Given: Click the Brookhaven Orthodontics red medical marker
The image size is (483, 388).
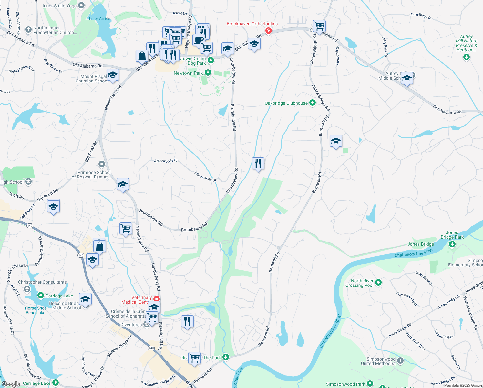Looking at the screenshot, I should coord(268,31).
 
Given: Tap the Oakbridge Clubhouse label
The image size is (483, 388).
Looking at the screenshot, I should coord(286,103).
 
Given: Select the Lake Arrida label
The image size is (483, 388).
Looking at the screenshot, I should coord(99,19).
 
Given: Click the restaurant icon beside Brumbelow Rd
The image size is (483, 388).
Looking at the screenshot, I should coord(258,164).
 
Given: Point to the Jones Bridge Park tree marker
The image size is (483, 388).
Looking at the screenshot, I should coord(452,244).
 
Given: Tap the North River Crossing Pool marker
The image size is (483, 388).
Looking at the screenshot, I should coord(378,282).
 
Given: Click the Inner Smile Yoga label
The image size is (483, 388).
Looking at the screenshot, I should coord(59,6).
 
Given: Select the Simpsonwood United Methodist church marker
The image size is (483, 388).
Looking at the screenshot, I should coord(400,361).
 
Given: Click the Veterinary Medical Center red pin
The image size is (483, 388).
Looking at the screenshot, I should coord(157,299).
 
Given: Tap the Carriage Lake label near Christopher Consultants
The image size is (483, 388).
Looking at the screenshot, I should coord(59,296).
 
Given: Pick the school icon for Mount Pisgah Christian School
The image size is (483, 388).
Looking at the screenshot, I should coord(113,75).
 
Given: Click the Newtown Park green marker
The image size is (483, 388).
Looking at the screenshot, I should coord(208,73).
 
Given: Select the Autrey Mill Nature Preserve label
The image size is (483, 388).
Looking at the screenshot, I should coord(466,43).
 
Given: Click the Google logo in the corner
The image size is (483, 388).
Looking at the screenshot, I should coord(11,384).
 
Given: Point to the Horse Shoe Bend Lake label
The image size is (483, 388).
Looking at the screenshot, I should coord(36,310).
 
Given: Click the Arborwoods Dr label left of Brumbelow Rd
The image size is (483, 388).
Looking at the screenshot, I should coord(166,161).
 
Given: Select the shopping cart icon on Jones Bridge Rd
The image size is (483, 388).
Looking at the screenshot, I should coord(319,26).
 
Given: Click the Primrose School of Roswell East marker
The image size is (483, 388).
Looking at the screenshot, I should coord(102,164).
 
